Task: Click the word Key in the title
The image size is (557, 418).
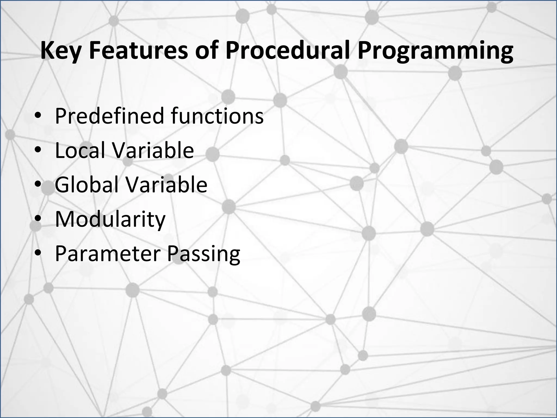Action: point(60,51)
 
